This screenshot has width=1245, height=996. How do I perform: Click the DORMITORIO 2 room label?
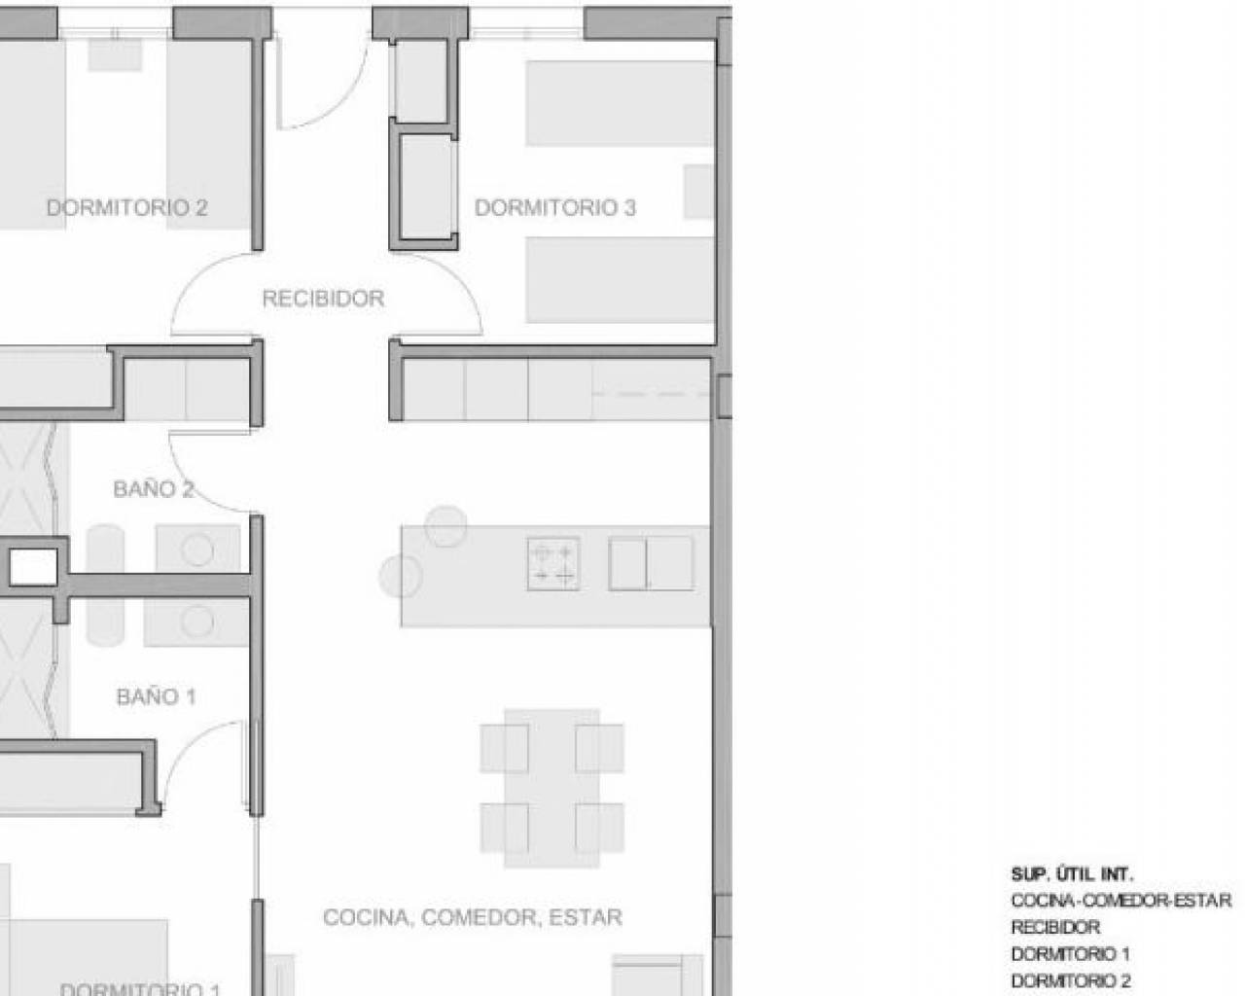click(x=126, y=208)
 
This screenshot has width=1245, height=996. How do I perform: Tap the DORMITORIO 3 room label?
click(x=554, y=208)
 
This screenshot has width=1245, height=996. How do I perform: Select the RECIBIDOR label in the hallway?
click(x=323, y=299)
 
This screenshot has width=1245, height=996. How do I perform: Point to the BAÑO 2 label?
click(x=154, y=489)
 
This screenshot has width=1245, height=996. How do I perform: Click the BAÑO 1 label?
click(x=157, y=696)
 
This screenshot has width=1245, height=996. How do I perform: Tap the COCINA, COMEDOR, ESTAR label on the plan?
click(x=473, y=917)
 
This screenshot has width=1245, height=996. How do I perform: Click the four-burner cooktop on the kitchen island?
click(x=553, y=564)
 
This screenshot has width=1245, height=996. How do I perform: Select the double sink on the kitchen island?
click(x=651, y=563)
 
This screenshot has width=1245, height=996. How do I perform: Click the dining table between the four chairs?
click(x=551, y=788)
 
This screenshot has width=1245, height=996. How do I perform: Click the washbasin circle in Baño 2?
click(x=197, y=550)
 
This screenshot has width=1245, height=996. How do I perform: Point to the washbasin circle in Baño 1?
click(x=196, y=622)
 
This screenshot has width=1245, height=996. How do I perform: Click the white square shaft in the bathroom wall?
click(x=33, y=567)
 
